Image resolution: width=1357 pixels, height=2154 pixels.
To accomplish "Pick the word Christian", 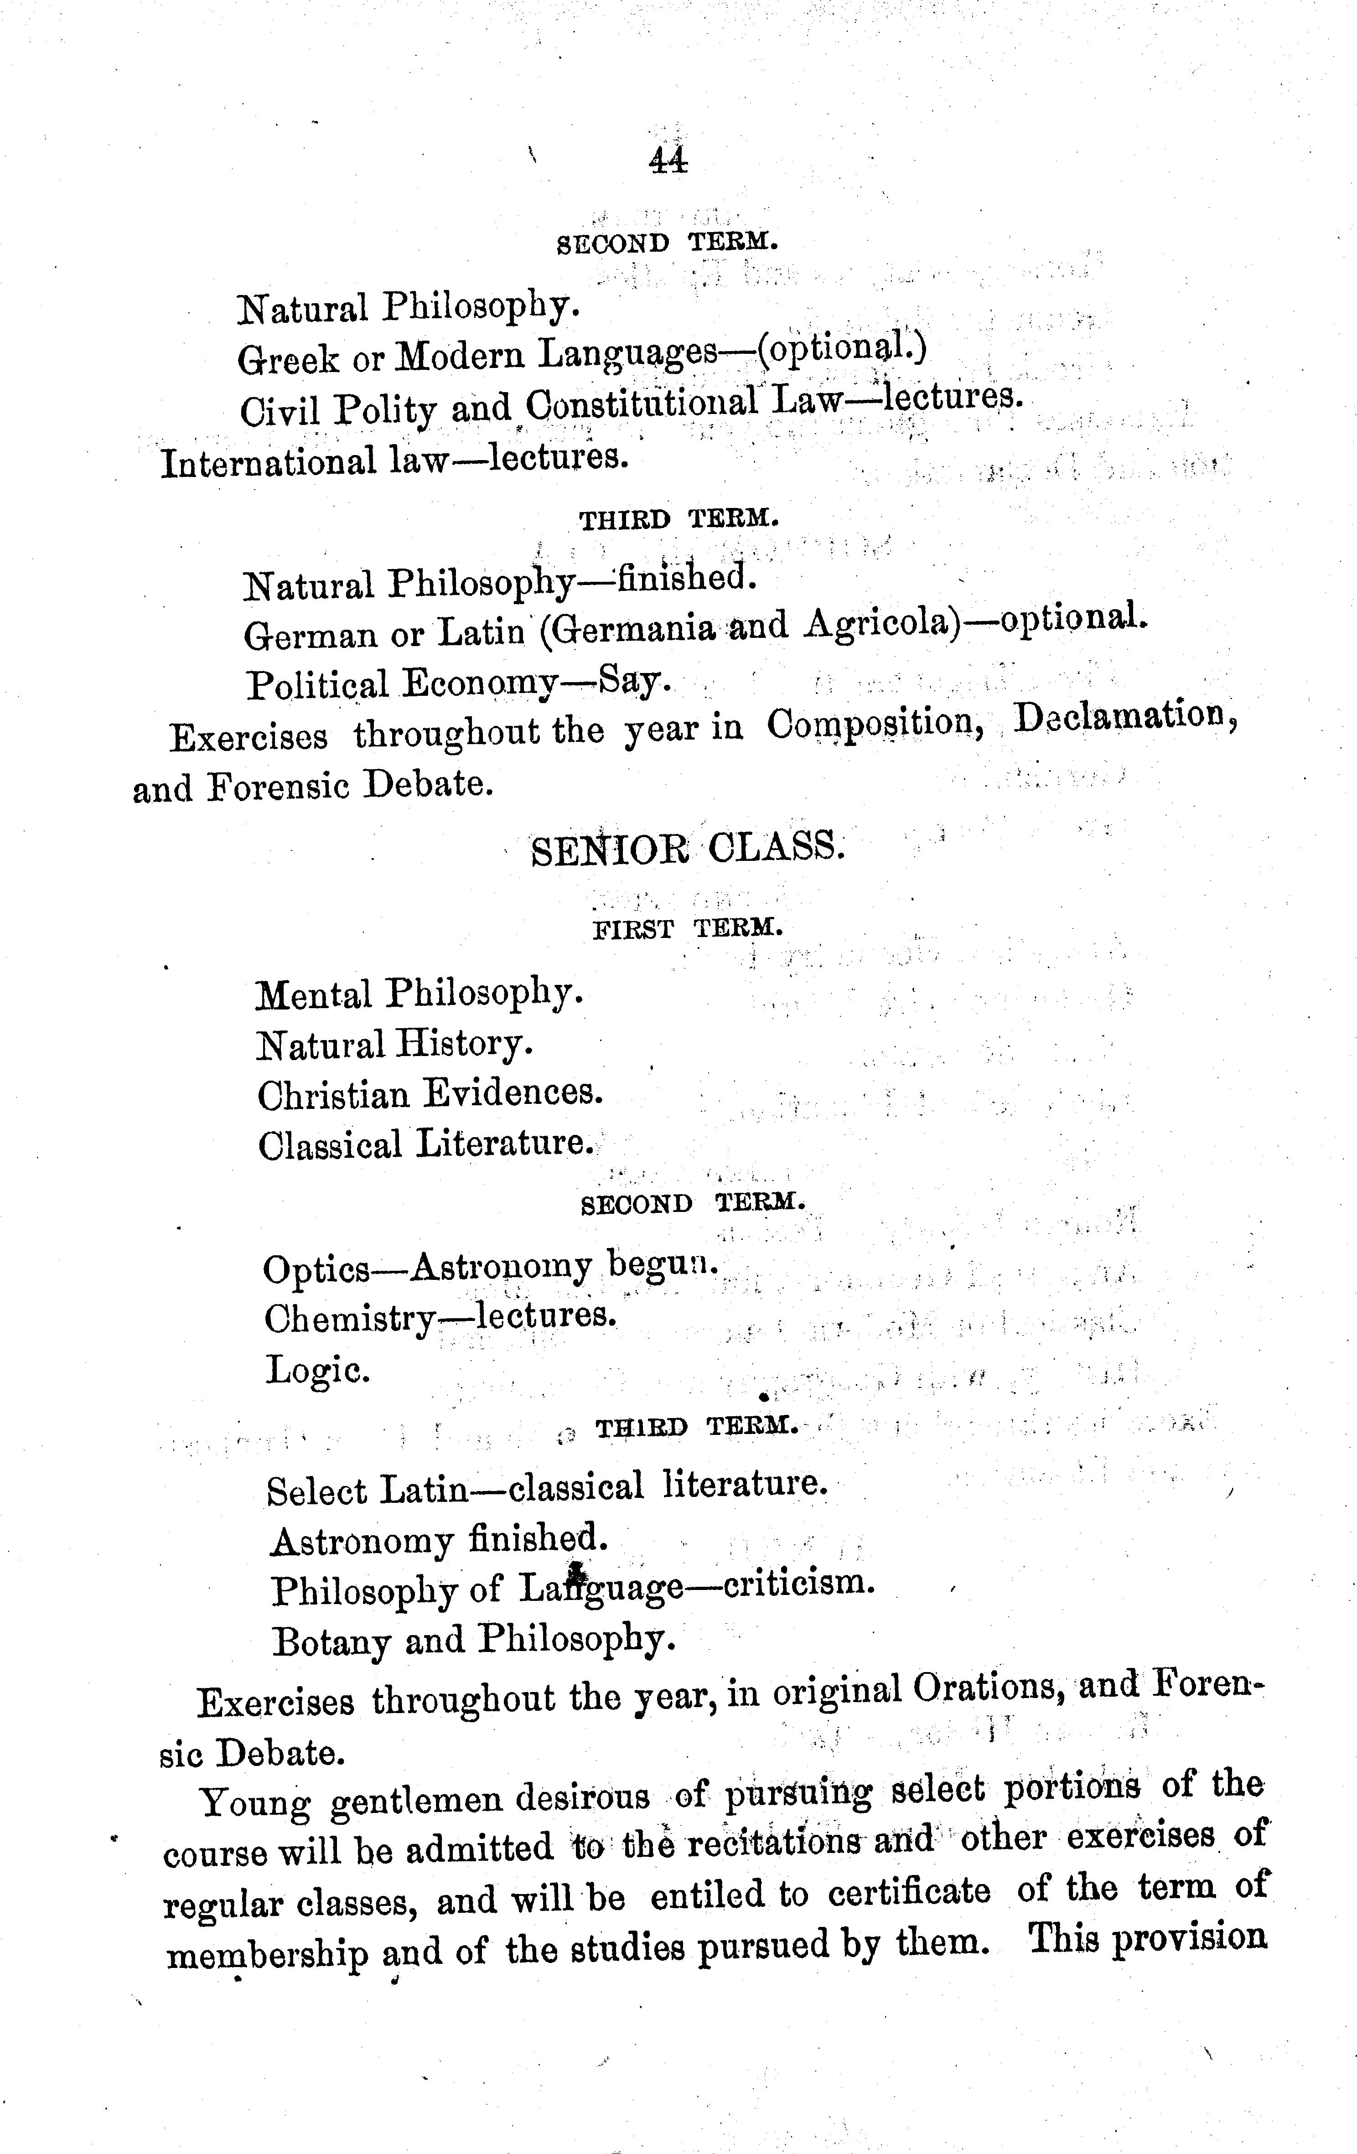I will click(x=333, y=1095).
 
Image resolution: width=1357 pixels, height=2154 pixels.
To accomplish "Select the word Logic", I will click(x=316, y=1370).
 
